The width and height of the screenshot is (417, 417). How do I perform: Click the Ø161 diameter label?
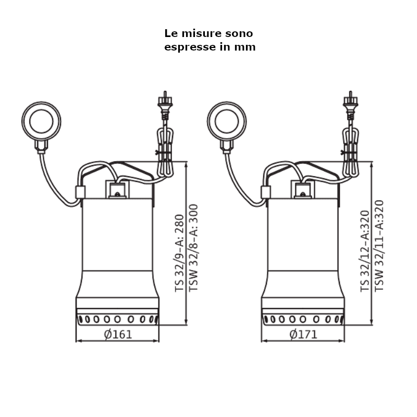pos(118,334)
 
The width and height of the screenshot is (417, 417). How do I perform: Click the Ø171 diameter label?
pos(303,334)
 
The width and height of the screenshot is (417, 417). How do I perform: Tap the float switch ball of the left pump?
pos(41,121)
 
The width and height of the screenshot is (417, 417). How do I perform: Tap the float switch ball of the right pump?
pos(227,121)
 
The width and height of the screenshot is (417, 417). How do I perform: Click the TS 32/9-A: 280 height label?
pos(179,253)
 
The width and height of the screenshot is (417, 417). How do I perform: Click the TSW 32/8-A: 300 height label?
pos(193,248)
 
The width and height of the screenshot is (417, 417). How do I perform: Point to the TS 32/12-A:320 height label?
pos(365,251)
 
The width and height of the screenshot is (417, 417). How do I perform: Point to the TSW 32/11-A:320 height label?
pos(379,246)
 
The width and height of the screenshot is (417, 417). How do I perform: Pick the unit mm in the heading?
pos(245,47)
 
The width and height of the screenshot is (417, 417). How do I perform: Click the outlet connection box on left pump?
pos(117,189)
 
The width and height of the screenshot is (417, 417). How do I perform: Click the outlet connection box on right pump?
pos(303,189)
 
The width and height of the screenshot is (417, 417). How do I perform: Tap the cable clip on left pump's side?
pos(80,192)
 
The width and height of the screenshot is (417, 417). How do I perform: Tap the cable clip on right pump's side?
pos(266,192)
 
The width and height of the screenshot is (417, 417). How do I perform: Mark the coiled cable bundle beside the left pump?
pos(165,152)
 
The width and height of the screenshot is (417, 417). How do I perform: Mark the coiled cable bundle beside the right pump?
pos(350,152)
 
